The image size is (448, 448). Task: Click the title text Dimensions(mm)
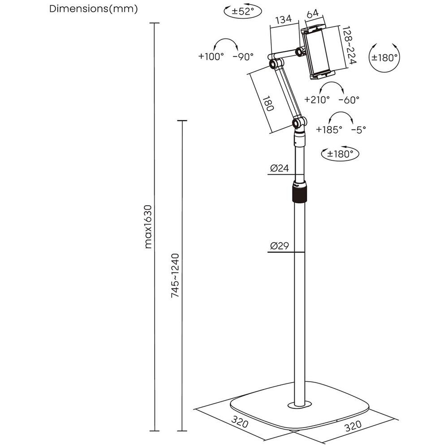coord(94,9)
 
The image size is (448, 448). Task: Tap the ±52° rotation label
coord(242,11)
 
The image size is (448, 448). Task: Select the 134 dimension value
coord(284,19)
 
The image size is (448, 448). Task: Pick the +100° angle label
coord(211,56)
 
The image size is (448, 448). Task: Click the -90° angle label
coord(243,56)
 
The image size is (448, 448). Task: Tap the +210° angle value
coord(317,99)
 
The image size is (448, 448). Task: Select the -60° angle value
coord(349,99)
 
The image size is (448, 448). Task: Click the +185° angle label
coord(329,129)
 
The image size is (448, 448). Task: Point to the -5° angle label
coord(358,129)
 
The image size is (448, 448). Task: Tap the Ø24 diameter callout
coord(279,168)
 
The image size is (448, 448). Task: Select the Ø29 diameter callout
coord(279,246)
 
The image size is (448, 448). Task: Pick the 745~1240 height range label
coord(176,276)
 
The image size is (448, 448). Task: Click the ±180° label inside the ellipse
coord(340,154)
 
